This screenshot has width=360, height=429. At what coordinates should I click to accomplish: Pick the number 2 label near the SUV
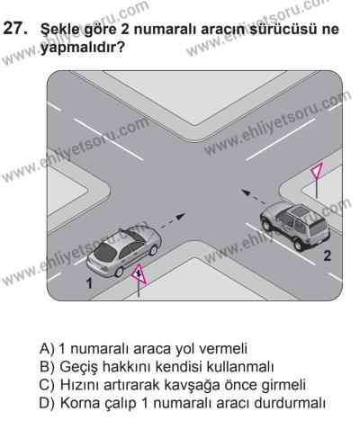326,255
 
